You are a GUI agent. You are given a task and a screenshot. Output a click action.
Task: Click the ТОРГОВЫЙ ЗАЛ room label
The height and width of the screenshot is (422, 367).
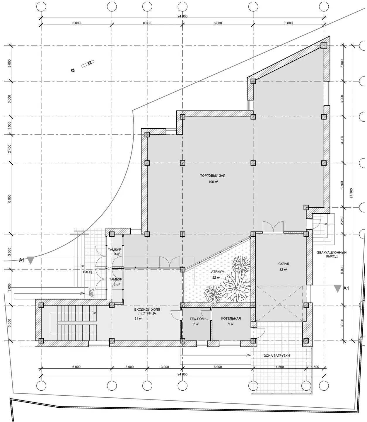(x=212, y=176)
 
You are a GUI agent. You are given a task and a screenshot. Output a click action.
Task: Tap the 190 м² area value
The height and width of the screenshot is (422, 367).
(x=213, y=182)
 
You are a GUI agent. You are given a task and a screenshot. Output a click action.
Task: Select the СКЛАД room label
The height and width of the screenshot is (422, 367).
(x=284, y=263)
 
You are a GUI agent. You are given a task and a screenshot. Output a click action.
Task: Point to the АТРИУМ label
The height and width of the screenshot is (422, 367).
(x=218, y=272)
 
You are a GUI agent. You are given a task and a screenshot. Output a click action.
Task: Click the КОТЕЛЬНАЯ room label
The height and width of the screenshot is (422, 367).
(x=231, y=319)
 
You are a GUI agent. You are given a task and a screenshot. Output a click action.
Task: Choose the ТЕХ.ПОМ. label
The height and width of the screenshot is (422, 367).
(x=197, y=319)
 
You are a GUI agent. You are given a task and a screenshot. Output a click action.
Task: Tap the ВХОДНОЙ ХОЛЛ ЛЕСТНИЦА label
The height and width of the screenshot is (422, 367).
(x=147, y=312)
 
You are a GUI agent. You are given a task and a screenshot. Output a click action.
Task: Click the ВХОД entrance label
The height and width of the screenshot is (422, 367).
(x=87, y=272)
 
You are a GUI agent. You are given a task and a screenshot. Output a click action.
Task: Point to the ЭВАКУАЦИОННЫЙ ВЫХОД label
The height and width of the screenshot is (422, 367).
(x=332, y=254)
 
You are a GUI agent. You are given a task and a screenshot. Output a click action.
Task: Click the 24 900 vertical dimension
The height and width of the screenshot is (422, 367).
(x=351, y=193)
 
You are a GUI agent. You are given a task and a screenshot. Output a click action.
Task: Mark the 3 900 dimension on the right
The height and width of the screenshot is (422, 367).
(x=342, y=140)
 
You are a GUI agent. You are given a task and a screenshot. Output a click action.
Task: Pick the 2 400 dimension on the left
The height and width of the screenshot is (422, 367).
(x=9, y=149)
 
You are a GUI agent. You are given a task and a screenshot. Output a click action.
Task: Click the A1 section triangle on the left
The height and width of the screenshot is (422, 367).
(x=31, y=261)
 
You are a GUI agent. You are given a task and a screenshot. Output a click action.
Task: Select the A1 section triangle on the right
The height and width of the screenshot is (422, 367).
(x=337, y=289)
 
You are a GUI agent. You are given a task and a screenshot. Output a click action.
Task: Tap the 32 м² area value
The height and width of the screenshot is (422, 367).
(x=283, y=270)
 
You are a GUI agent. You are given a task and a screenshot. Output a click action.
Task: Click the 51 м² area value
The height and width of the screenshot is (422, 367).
(x=138, y=319)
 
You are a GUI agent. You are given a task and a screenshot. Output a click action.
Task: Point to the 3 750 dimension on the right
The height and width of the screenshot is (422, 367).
(x=342, y=185)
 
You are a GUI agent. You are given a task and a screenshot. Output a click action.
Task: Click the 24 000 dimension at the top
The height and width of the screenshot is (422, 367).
(x=182, y=16)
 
